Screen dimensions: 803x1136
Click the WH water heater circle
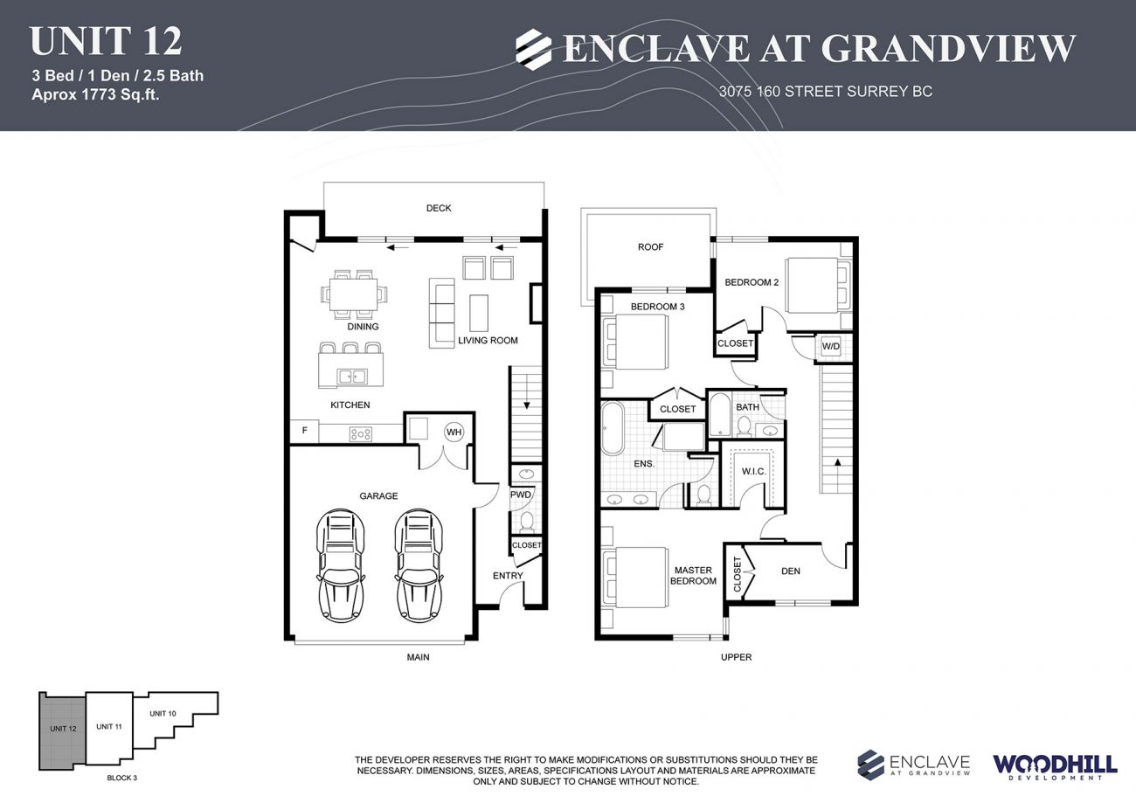(x=454, y=431)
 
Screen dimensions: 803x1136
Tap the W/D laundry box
(x=828, y=347)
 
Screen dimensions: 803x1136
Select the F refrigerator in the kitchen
(x=304, y=431)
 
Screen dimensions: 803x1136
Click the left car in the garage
(x=341, y=564)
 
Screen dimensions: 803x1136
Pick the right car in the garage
(x=419, y=564)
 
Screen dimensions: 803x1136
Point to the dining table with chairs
(x=354, y=293)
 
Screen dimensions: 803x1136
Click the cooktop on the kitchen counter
(x=360, y=433)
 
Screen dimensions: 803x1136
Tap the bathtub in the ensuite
(x=612, y=428)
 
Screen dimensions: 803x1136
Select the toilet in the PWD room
(x=526, y=522)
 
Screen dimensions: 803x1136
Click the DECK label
(x=439, y=208)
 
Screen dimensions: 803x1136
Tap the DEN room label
(x=790, y=571)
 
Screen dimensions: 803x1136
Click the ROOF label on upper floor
(x=650, y=247)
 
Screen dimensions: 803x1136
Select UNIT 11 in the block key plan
(x=108, y=726)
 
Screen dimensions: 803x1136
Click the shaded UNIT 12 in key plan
(x=63, y=730)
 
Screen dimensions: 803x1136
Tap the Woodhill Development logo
(x=1054, y=765)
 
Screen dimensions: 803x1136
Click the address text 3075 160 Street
(x=825, y=91)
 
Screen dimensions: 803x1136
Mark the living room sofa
(x=442, y=313)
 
